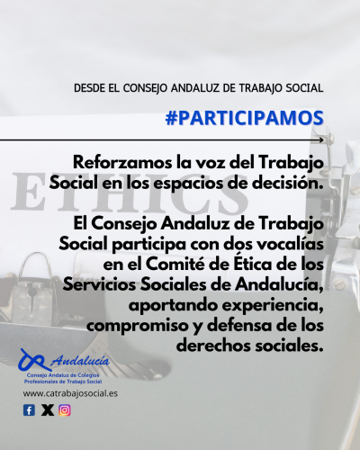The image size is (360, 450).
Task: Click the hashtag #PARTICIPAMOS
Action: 244,118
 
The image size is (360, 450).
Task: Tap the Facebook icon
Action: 29,410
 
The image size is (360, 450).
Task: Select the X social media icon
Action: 48,410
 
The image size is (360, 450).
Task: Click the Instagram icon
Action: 65,410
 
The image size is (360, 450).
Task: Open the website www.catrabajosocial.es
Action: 70,393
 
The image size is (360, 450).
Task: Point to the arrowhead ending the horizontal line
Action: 321,139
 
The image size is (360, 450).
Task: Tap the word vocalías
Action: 291,244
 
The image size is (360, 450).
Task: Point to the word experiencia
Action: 273,305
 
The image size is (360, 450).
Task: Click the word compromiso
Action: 137,327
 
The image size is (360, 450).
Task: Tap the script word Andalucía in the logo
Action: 80,360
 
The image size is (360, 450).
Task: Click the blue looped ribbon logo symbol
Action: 33,361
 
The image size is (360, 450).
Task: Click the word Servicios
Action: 99,284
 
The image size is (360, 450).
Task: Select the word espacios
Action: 188,184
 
